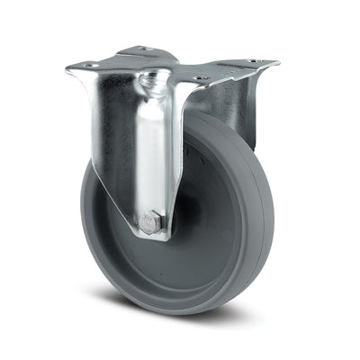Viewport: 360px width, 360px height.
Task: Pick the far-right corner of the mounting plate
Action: (x=276, y=63)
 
